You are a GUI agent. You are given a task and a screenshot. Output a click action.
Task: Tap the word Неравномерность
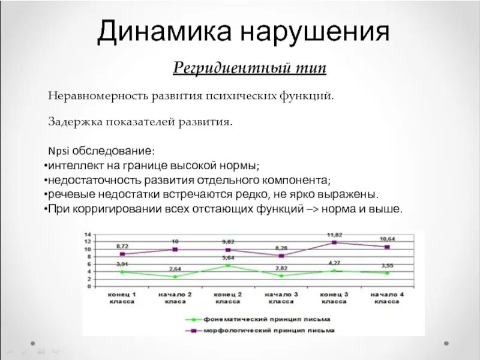pyautogui.click(x=101, y=95)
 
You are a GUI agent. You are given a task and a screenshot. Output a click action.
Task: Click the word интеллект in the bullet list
pyautogui.click(x=74, y=165)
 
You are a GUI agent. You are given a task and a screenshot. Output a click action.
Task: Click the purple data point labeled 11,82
pyautogui.click(x=334, y=242)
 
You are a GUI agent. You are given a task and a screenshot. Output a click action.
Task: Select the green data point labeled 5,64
pyautogui.click(x=227, y=265)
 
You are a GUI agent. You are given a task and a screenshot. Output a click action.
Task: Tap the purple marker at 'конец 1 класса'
pyautogui.click(x=122, y=254)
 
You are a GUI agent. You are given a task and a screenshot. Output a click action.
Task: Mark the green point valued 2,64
pyautogui.click(x=175, y=277)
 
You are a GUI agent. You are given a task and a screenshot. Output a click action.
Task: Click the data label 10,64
pyautogui.click(x=388, y=239)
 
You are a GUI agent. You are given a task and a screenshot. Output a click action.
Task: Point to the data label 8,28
pyautogui.click(x=281, y=247)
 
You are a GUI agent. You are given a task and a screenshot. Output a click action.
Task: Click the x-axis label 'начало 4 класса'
pyautogui.click(x=387, y=298)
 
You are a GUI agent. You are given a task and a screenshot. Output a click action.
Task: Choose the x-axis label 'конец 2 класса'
pyautogui.click(x=227, y=298)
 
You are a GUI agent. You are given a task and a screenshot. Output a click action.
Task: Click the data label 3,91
pyautogui.click(x=122, y=264)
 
